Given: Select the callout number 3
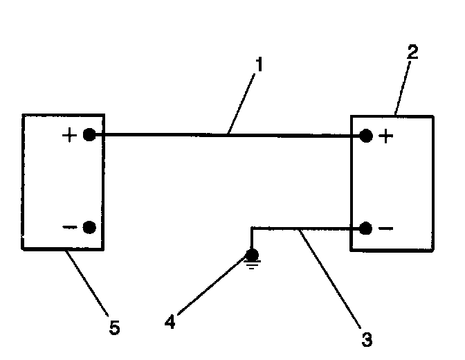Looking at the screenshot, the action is point(366,340).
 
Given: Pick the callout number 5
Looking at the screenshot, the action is point(114,327).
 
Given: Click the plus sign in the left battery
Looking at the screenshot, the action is point(69,135).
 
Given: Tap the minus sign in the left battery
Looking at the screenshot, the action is point(69,228).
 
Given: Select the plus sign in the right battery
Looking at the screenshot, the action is point(386,136).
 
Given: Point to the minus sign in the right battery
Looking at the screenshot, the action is point(385,228).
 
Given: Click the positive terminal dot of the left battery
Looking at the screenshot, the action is point(89,135).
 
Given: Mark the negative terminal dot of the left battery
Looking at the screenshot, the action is point(89,228).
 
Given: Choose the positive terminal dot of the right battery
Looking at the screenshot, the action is point(365,136).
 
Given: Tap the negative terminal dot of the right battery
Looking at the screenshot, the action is point(365,228).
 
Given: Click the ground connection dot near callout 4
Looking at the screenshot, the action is point(253,254).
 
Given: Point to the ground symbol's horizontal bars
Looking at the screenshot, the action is point(253,265).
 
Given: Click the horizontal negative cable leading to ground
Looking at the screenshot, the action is point(304,227).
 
